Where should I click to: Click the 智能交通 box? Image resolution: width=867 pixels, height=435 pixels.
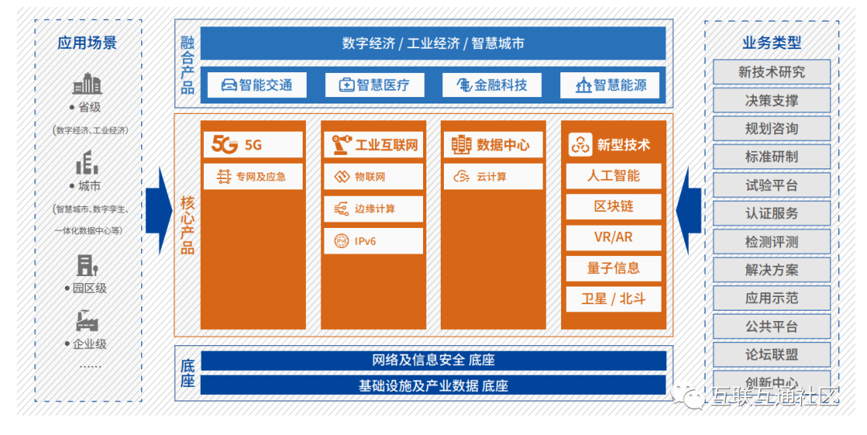[x=256, y=85]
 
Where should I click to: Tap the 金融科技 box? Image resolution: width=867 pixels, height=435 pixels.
[x=491, y=85]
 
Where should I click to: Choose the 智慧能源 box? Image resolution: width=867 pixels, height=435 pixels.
[x=609, y=85]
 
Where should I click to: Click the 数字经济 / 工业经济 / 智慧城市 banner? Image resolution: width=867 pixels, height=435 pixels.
[x=433, y=43]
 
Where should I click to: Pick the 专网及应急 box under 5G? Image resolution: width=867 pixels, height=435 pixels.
[x=253, y=177]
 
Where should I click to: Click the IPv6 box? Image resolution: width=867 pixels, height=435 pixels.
[x=373, y=241]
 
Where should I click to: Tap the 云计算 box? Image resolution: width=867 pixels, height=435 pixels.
[x=493, y=177]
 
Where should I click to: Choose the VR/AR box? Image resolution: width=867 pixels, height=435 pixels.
[x=613, y=238]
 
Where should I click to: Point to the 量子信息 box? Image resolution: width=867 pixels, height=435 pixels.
[x=613, y=268]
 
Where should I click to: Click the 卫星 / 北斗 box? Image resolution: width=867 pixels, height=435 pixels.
[x=613, y=299]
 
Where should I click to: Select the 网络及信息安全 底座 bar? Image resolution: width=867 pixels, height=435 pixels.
[x=433, y=360]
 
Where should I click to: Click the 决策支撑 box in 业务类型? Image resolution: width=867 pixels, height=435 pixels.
[x=771, y=100]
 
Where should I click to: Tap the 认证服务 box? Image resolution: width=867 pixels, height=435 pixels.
[x=771, y=213]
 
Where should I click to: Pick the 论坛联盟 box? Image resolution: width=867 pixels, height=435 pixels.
[x=771, y=355]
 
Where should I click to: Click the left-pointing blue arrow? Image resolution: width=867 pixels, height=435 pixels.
[x=689, y=210]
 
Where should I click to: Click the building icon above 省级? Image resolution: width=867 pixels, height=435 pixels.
[x=88, y=83]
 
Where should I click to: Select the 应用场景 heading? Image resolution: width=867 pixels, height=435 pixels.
[x=88, y=43]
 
